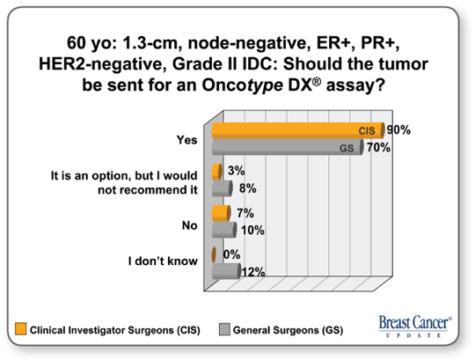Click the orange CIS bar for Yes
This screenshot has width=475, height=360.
298,130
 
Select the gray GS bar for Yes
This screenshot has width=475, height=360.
288,147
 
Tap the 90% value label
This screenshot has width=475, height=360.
398,130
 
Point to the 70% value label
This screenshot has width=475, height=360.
378,148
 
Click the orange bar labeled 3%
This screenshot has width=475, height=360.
217,172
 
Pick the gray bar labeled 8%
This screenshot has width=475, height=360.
222,188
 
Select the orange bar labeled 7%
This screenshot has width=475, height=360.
221,213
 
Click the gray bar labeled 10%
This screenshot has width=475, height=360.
224,230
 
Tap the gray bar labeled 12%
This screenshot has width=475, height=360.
226,271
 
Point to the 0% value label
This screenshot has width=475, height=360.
231,254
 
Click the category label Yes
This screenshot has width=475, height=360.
186,140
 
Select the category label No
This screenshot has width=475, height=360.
190,225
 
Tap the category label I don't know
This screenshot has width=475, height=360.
163,261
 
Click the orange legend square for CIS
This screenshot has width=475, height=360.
21,329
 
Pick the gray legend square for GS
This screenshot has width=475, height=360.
224,329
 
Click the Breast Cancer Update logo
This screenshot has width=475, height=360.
415,327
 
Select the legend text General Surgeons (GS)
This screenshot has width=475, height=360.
289,330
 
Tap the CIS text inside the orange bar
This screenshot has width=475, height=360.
367,130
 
